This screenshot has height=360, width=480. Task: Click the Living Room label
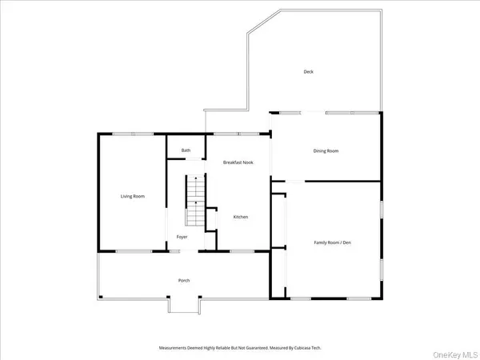tap(132, 196)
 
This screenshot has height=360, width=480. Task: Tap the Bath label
tap(186, 150)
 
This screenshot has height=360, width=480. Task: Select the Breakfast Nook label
tap(238, 162)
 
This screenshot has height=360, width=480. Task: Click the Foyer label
tap(182, 237)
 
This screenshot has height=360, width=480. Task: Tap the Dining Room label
tap(326, 150)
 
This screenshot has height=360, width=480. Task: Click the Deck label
tap(308, 72)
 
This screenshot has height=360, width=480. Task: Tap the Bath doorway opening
tap(193, 160)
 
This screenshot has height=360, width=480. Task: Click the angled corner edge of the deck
tap(262, 22)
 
